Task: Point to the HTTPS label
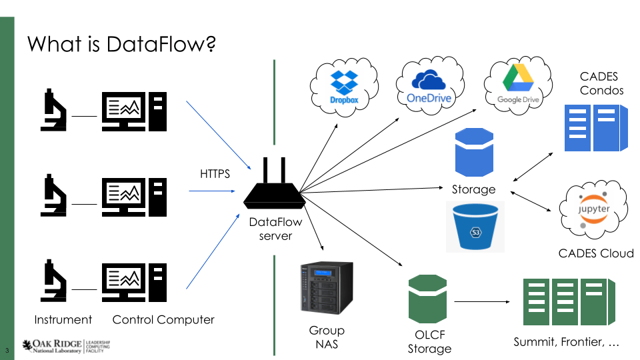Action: [215, 174]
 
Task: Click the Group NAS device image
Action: [327, 288]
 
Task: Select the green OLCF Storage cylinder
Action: [427, 299]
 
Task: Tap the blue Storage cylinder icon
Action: [474, 153]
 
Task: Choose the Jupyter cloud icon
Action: [593, 210]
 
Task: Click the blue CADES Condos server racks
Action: [596, 127]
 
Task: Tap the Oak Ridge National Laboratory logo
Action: [66, 345]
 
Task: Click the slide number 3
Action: [7, 350]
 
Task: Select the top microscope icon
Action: [54, 109]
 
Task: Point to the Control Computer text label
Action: [163, 319]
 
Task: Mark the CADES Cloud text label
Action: [595, 253]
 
